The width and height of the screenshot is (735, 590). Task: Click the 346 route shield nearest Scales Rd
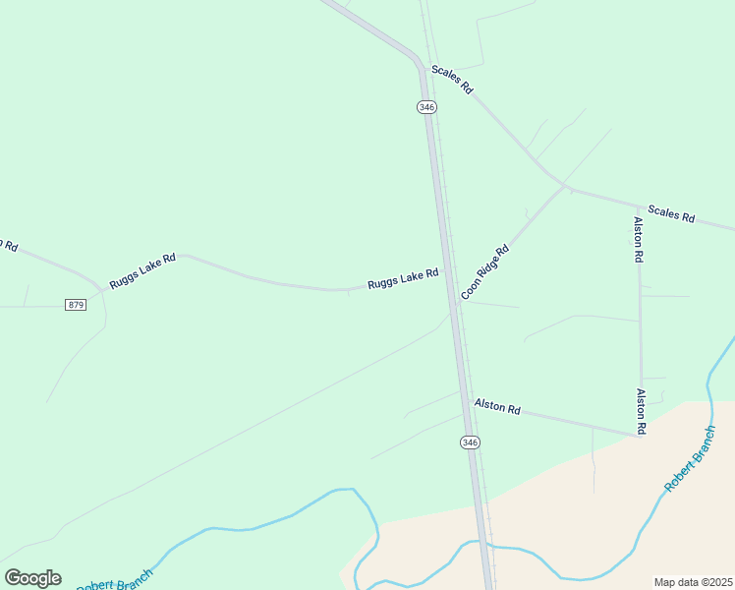pos(425,106)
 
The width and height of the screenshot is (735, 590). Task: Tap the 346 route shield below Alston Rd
pos(470,443)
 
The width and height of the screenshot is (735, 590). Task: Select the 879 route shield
pos(77,305)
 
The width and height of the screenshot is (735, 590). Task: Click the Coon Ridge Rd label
pos(485,271)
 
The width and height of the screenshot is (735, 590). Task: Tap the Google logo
pos(32,577)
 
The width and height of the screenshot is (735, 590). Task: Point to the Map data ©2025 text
pos(692,581)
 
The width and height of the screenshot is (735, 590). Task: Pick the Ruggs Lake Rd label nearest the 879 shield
pos(142,270)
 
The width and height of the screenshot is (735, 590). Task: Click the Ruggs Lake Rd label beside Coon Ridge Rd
pos(403,279)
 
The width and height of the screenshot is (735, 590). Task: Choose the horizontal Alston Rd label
pos(497,405)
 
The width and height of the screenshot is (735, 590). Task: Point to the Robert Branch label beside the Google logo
pos(116,580)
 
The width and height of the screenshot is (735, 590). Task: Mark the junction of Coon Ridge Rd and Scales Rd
pos(565,185)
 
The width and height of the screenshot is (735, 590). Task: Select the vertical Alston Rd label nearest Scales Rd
pos(639,239)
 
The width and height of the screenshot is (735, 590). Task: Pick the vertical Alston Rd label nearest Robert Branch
pos(641,412)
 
